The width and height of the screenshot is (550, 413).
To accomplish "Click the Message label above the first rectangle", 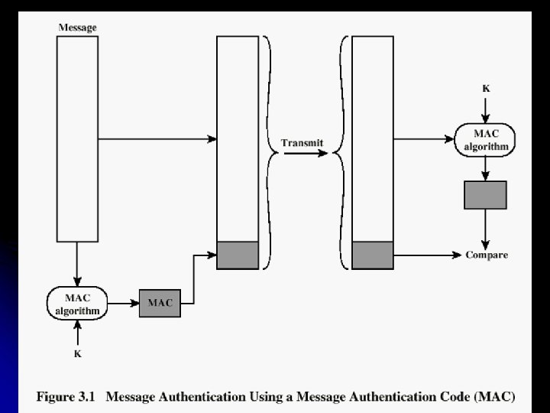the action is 77,28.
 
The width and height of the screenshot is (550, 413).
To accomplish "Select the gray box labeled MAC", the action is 160,304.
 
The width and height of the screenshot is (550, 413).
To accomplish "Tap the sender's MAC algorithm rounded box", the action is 77,304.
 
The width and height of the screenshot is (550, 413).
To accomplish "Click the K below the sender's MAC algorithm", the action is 77,353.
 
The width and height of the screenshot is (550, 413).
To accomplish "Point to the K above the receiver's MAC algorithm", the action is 486,89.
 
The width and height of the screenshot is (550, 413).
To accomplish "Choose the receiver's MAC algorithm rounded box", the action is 485,140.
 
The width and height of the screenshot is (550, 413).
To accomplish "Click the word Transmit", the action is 302,143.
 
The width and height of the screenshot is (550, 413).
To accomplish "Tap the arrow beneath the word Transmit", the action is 306,153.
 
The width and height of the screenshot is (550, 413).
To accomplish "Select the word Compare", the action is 487,255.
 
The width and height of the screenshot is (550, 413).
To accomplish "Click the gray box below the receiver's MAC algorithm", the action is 486,195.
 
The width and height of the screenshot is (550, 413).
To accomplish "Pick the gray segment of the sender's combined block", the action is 238,255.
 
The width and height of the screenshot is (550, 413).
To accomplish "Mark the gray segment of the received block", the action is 373,255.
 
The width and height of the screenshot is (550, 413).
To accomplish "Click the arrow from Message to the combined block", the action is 157,139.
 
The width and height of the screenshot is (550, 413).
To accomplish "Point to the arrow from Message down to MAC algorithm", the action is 77,264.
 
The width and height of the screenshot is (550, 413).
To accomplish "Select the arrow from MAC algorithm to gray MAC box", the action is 124,303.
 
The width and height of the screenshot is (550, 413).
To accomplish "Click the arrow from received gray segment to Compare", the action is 428,255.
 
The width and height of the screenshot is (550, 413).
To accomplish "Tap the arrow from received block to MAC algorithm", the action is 424,139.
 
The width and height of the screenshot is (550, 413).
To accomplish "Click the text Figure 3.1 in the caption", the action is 66,397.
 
